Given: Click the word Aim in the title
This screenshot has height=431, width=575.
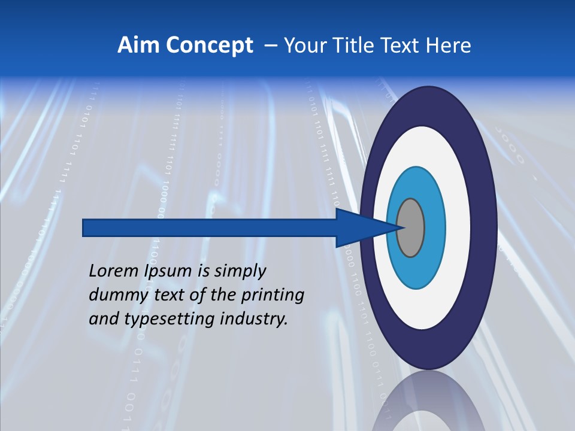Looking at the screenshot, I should [138, 45].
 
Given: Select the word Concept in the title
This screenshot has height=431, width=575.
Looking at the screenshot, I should [208, 45].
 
